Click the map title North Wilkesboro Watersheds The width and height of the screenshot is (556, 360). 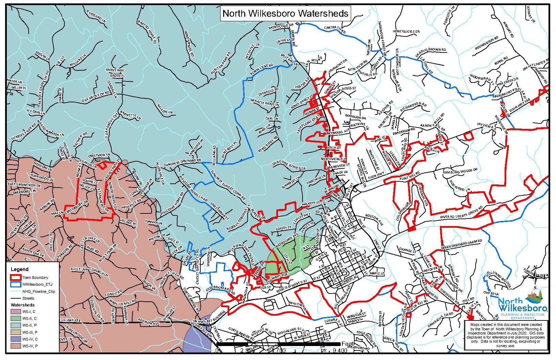285,14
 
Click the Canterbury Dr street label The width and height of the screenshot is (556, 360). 76,208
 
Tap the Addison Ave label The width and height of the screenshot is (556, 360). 149,321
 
